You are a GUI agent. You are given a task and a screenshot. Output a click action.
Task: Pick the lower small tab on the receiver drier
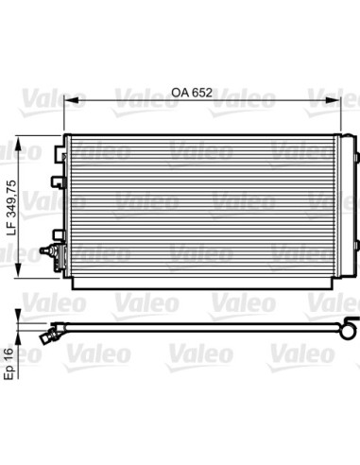click(359, 265)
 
